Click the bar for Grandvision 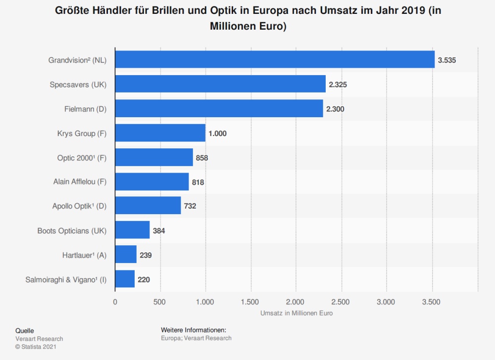(275, 60)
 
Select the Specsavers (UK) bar (220, 85)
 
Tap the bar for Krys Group (160, 133)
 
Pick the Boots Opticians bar (132, 230)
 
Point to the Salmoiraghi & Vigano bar (125, 279)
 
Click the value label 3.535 (446, 60)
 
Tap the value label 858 (202, 158)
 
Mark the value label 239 (146, 255)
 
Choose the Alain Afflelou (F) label (80, 182)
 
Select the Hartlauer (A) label (83, 255)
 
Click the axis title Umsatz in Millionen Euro (296, 314)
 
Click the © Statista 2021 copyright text (36, 347)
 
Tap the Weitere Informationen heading (194, 330)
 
